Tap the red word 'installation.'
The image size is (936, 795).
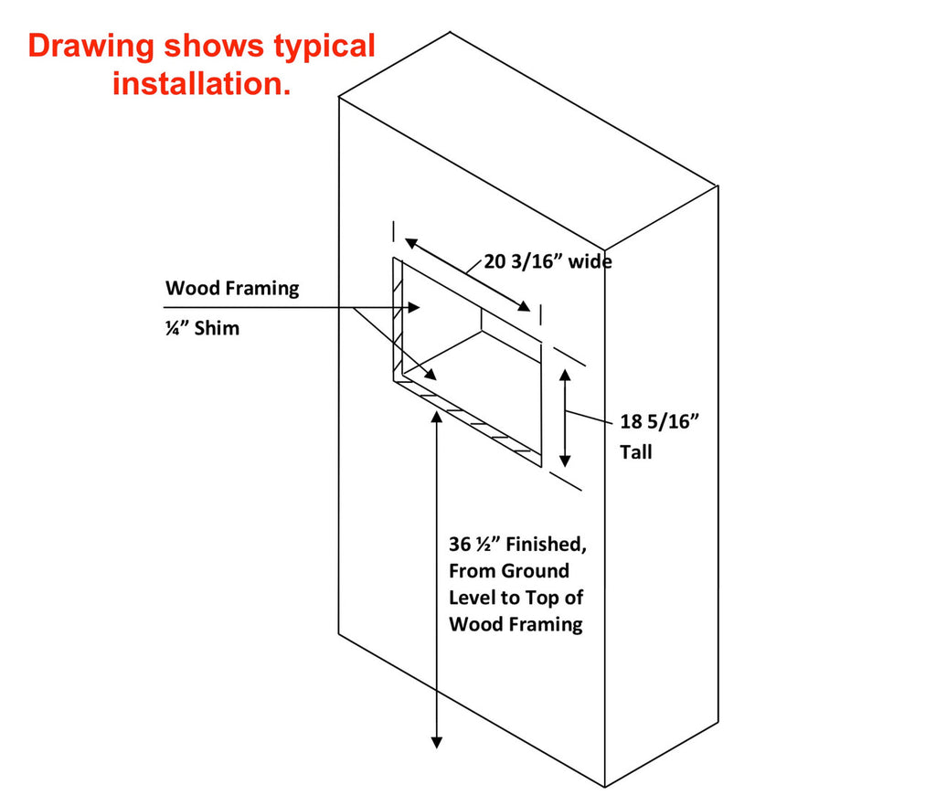point(202,83)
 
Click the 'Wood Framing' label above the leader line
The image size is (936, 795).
point(232,288)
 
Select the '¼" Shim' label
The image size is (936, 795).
point(202,328)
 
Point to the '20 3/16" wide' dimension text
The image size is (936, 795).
point(548,261)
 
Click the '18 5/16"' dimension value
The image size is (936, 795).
point(659,421)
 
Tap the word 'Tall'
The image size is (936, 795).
point(636,451)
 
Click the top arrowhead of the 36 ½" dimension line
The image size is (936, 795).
point(437,417)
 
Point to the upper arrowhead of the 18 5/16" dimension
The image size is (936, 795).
point(565,376)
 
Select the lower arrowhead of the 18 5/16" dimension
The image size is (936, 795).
point(565,461)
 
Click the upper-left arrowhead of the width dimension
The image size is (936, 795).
point(411,243)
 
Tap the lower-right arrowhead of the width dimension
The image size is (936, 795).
point(524,306)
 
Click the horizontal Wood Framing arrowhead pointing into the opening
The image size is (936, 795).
point(414,307)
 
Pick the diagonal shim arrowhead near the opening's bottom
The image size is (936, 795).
point(431,375)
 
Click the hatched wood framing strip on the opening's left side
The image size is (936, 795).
point(399,319)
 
